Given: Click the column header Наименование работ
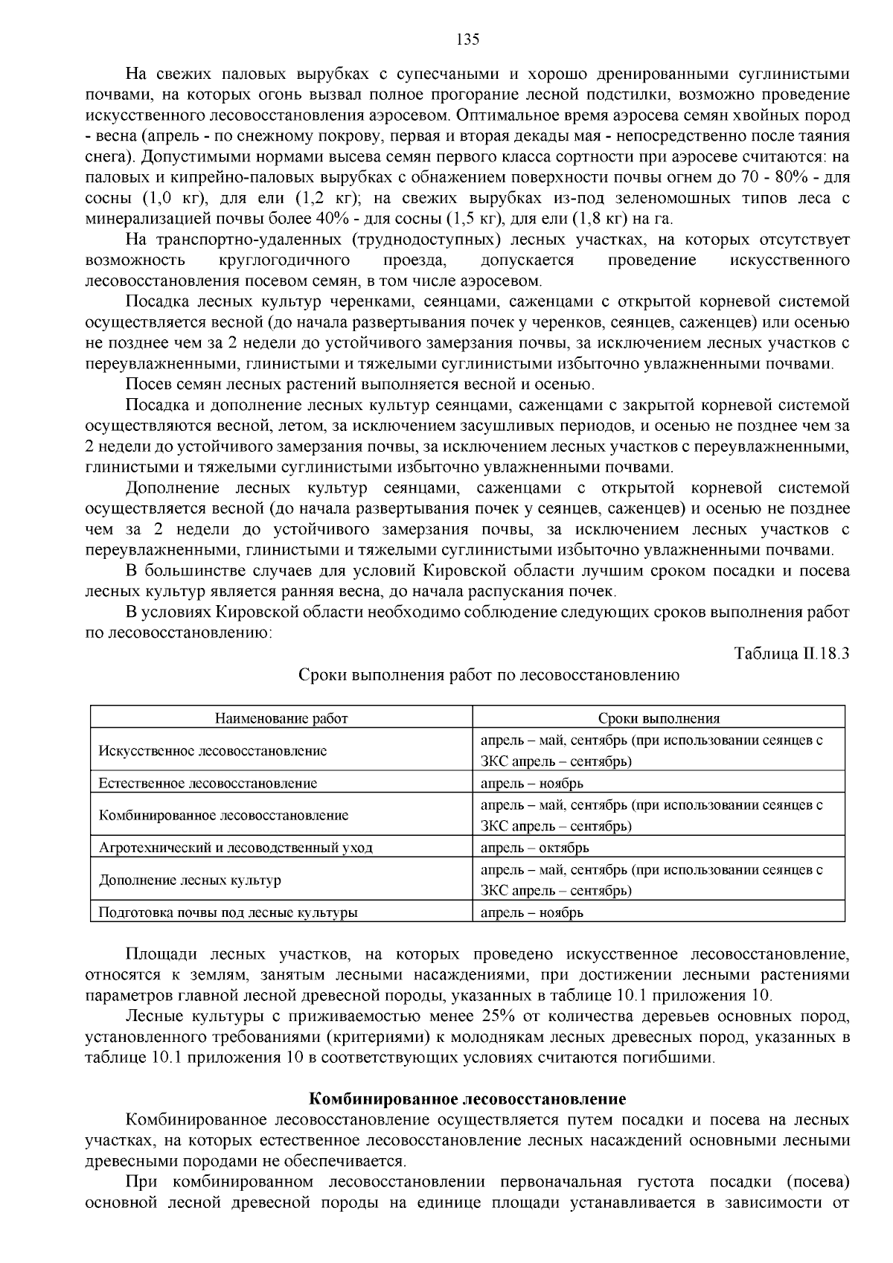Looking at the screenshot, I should (x=281, y=718).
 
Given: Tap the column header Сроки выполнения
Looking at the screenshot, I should (x=659, y=718).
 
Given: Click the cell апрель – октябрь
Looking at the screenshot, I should (x=534, y=848).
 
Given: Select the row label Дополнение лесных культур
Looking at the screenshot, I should (x=190, y=880).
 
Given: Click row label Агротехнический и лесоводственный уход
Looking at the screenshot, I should (x=235, y=848).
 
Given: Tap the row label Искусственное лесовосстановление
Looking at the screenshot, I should (x=213, y=750).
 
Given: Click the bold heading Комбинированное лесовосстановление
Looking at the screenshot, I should (x=467, y=1099).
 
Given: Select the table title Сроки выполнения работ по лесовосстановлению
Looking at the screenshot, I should (x=488, y=675).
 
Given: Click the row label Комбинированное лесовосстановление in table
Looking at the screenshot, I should (x=223, y=815).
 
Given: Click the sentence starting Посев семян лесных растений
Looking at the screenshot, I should (x=360, y=385).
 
